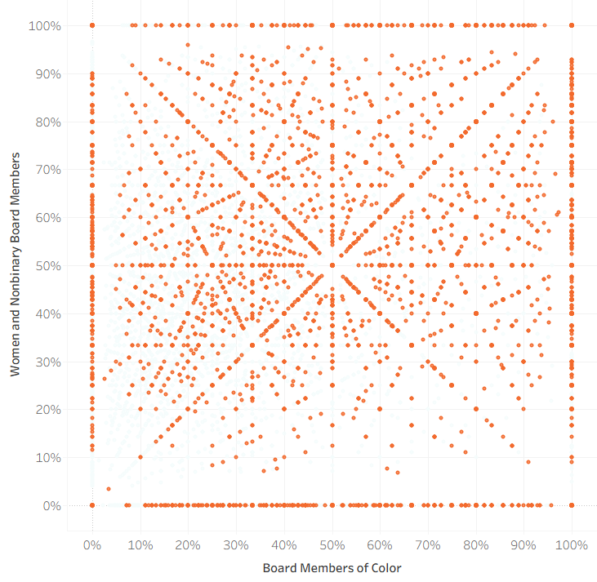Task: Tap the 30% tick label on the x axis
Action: click(x=236, y=544)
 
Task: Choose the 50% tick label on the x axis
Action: click(x=332, y=544)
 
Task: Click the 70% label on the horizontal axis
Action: click(x=428, y=544)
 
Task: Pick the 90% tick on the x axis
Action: click(x=523, y=544)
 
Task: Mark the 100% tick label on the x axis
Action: click(x=572, y=544)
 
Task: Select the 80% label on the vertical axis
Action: click(x=47, y=122)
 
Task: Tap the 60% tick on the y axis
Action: click(x=47, y=218)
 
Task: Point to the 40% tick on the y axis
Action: click(x=47, y=313)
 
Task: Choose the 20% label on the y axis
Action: click(x=47, y=410)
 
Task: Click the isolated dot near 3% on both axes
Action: click(x=109, y=489)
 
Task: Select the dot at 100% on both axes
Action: click(x=572, y=25)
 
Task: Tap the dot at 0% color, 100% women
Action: click(x=92, y=25)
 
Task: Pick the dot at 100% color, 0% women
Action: click(x=572, y=506)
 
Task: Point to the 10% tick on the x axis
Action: click(x=140, y=544)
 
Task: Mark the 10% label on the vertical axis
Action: click(x=47, y=458)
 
